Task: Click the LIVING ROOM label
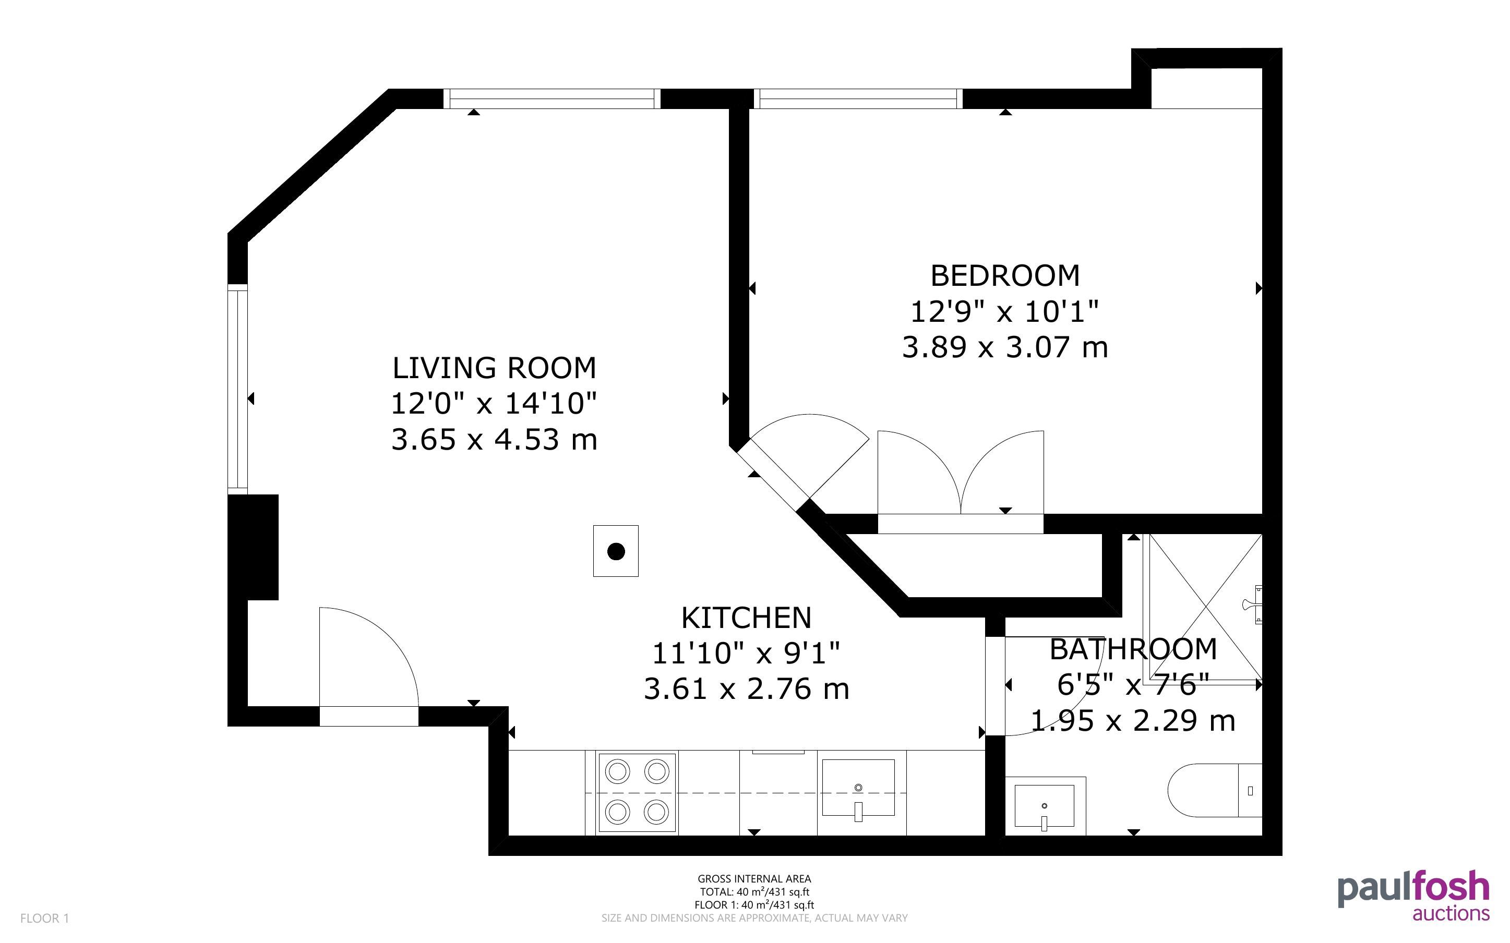point(494,368)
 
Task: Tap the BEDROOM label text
point(1005,276)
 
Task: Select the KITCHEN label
point(746,618)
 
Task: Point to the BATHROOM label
point(1133,649)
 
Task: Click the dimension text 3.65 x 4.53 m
point(494,440)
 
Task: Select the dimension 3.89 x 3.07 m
point(1005,347)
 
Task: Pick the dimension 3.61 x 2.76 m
point(746,689)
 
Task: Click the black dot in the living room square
point(616,551)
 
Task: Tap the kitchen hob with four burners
point(637,793)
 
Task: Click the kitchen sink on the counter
point(858,788)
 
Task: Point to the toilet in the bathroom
point(1214,790)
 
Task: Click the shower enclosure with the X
point(1203,609)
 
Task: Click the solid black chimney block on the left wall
point(253,548)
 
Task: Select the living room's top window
point(552,99)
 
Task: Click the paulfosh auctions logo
point(1413,896)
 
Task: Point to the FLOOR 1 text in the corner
point(44,918)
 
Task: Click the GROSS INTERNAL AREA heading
point(754,879)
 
